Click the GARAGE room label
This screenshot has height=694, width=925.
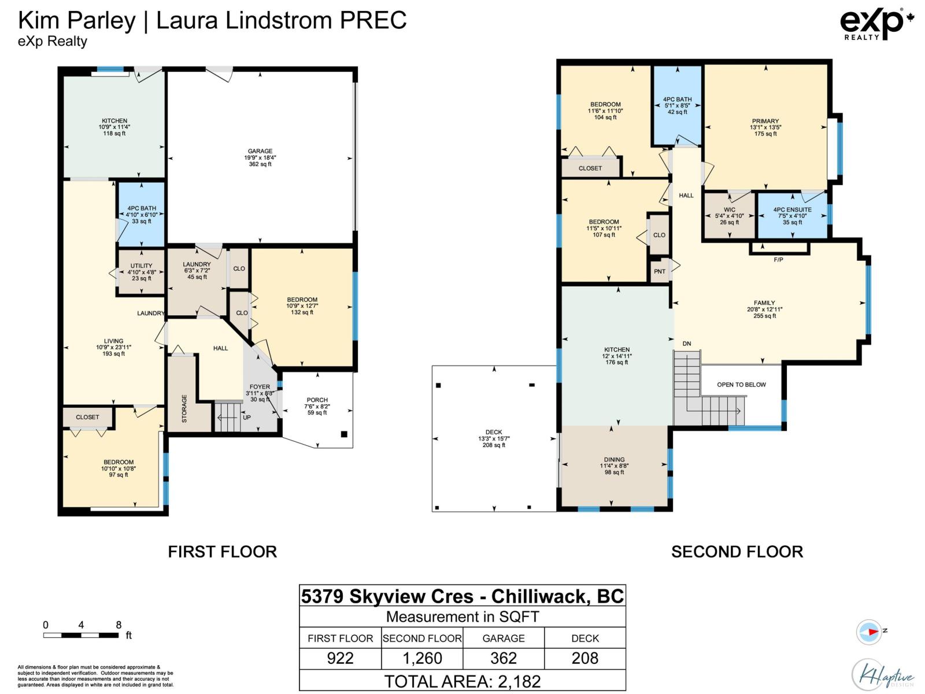(260, 151)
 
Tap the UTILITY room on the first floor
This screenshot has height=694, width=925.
(141, 272)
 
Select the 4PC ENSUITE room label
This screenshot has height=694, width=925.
(792, 209)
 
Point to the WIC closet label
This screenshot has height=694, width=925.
(730, 209)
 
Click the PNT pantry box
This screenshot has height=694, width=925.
(660, 271)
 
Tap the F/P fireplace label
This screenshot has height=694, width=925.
(778, 260)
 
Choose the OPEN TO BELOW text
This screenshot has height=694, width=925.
(741, 384)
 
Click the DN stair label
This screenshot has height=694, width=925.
(687, 344)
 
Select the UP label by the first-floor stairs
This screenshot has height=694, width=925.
(247, 417)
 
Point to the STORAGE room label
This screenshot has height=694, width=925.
(184, 408)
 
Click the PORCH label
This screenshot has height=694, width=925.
(317, 400)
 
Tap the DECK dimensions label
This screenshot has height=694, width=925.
(494, 438)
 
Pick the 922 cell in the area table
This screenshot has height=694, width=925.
(340, 658)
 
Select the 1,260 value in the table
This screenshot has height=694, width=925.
(422, 658)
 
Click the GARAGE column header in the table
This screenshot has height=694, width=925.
(504, 638)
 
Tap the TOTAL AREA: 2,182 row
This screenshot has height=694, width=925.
(462, 681)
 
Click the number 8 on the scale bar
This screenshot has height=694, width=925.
(119, 625)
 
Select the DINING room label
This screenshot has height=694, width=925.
(614, 459)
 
